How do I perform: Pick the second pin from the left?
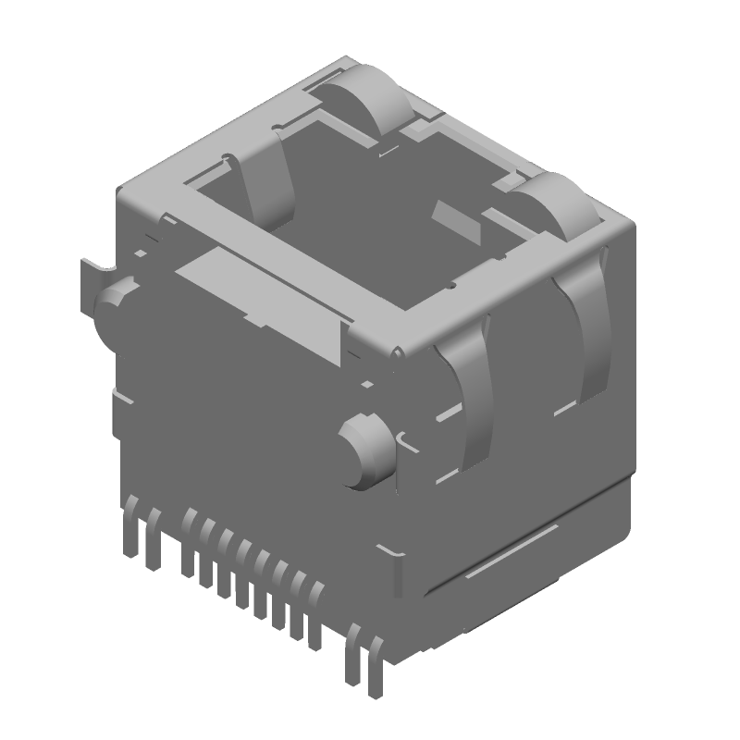point(154,541)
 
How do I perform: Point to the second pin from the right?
point(353,653)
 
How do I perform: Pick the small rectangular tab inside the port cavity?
point(456,220)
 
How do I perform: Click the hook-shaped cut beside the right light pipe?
point(404,441)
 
